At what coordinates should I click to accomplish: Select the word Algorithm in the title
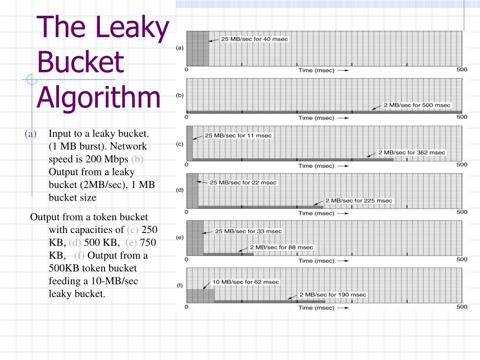click(x=98, y=97)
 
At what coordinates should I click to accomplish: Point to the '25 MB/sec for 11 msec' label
click(x=238, y=135)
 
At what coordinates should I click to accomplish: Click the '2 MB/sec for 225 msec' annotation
click(x=359, y=201)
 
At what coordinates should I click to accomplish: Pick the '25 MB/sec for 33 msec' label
click(x=248, y=231)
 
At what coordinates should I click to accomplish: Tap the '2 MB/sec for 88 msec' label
click(x=281, y=247)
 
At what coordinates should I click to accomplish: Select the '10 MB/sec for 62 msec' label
click(x=246, y=282)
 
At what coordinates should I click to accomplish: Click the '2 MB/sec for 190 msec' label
click(x=333, y=295)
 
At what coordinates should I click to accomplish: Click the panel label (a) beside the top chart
click(x=180, y=48)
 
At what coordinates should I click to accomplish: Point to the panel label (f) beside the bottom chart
click(x=180, y=286)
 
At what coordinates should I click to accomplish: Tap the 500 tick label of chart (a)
click(x=462, y=69)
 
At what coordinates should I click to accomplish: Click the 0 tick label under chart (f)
click(x=187, y=307)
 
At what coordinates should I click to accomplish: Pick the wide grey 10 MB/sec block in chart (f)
click(x=201, y=295)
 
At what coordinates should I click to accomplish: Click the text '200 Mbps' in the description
click(x=112, y=159)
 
